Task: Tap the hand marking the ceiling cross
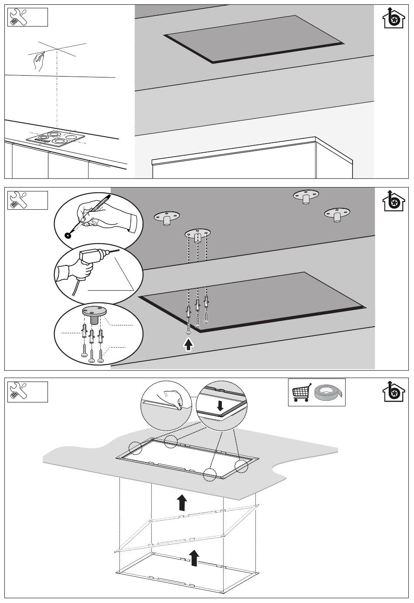(39, 61)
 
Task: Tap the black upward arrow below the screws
(188, 345)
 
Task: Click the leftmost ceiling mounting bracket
(166, 218)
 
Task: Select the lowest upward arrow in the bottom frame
(195, 557)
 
